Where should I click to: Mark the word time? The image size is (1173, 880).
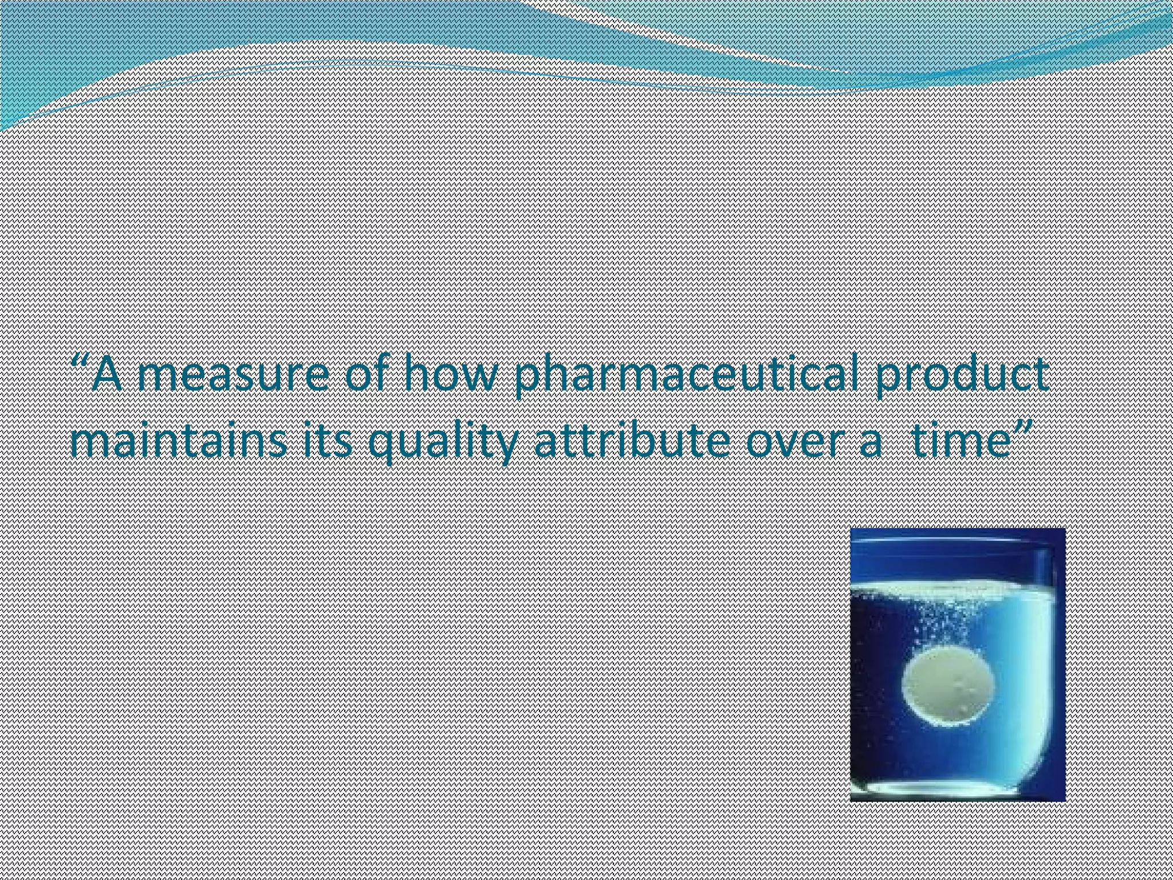pyautogui.click(x=959, y=443)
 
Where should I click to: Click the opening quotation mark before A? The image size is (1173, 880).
pyautogui.click(x=82, y=364)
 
